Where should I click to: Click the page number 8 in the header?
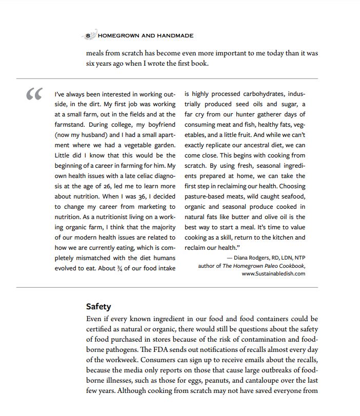(88, 35)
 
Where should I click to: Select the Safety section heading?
(98, 306)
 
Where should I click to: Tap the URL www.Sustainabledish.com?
(273, 273)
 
